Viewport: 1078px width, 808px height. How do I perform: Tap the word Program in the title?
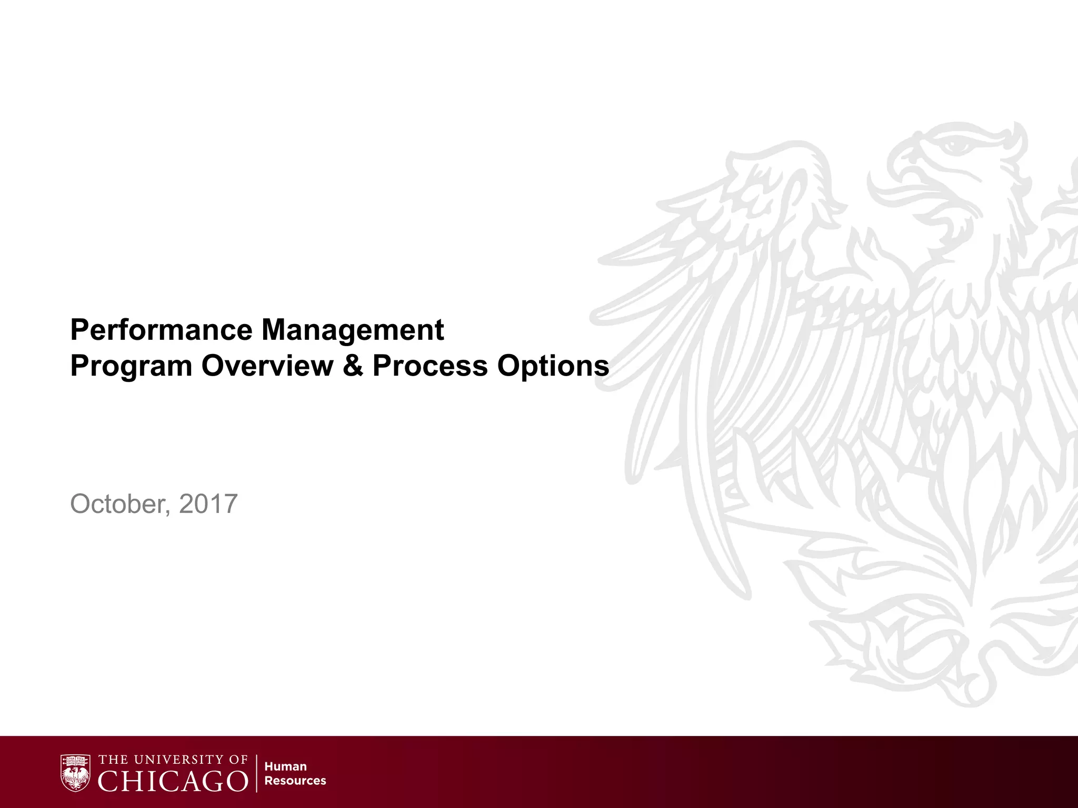pyautogui.click(x=131, y=367)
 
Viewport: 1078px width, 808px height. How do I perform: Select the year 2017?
pyautogui.click(x=208, y=503)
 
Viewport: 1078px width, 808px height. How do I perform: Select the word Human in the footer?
pyautogui.click(x=285, y=766)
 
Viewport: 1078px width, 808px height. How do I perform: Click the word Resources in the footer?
pyautogui.click(x=295, y=781)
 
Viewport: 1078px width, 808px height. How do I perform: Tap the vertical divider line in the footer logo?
pyautogui.click(x=256, y=773)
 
